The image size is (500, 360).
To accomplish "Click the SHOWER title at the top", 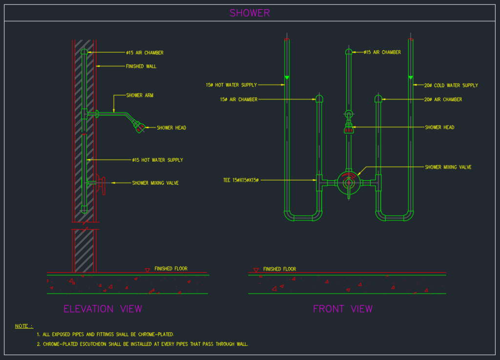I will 250,13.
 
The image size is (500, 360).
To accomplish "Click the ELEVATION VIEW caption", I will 103,309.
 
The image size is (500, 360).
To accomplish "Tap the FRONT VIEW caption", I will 342,309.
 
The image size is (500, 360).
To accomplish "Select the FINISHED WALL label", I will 141,66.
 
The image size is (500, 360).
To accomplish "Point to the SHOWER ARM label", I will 140,95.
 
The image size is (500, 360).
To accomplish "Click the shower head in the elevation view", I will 140,127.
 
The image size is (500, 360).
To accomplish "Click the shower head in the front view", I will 349,128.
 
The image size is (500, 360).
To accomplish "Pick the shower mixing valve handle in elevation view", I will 102,184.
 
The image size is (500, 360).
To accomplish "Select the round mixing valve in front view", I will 349,183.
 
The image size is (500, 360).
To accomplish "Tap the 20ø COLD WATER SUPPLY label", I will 451,85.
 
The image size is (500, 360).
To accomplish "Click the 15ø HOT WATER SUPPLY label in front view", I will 231,85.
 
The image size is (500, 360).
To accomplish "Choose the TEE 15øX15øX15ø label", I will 240,180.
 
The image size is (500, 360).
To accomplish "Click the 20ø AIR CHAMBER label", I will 442,100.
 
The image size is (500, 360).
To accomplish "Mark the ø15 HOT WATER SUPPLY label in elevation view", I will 157,160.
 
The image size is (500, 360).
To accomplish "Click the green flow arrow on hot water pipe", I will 287,78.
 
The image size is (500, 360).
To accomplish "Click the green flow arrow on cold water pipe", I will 411,78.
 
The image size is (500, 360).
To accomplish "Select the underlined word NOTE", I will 24,326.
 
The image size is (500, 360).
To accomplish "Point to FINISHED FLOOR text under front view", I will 279,269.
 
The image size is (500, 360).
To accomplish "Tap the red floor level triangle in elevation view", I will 147,270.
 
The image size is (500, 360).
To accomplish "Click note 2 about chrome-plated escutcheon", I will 143,344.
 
